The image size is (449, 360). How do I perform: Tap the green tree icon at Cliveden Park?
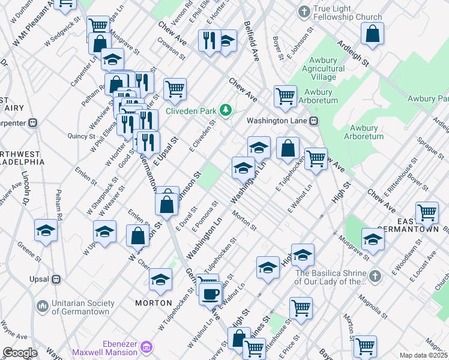point(226,110)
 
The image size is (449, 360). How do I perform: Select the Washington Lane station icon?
point(314,121)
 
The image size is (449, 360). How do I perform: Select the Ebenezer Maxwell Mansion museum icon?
point(146,347)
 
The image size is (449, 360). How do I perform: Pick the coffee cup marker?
point(211,294)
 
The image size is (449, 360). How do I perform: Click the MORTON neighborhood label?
point(154,303)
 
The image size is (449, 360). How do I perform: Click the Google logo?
point(20,353)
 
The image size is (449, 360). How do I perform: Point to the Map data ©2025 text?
point(423,355)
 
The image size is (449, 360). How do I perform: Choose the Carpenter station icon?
point(34,123)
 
